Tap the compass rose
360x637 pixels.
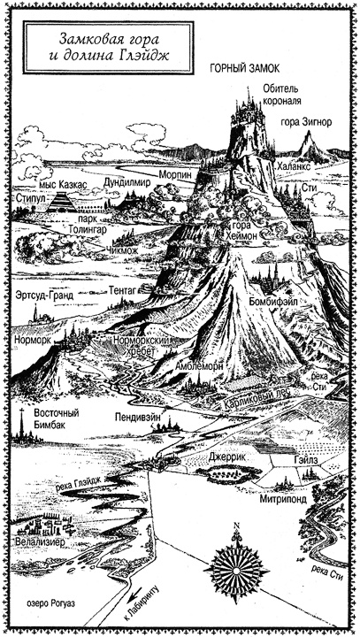[x=237, y=564]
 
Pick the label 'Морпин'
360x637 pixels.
[x=173, y=174]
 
